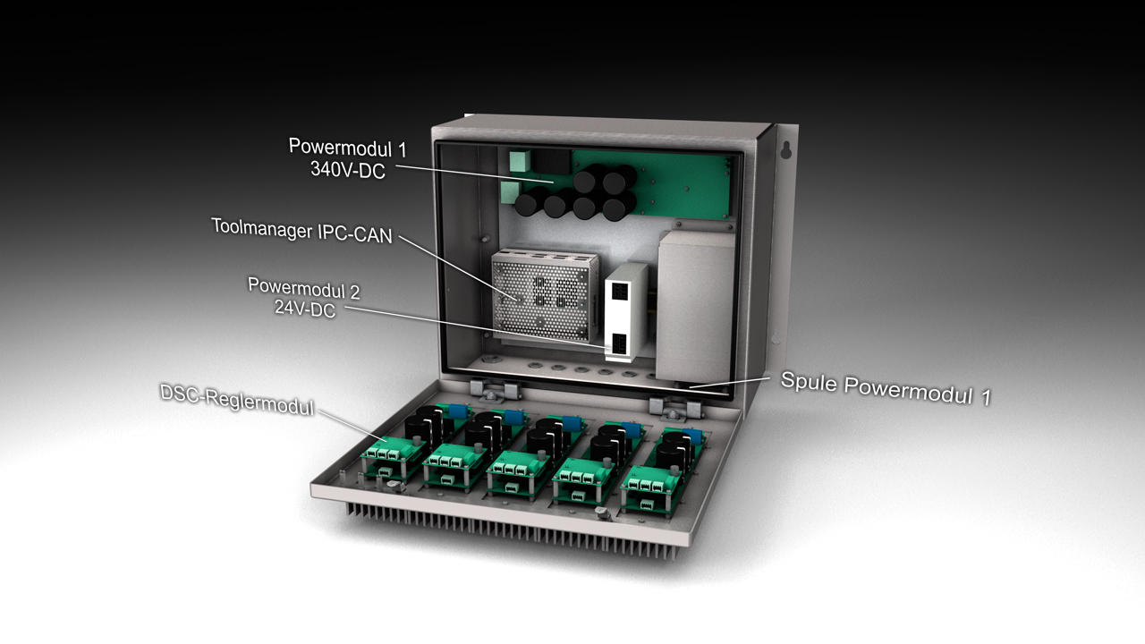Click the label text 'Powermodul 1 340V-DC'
coord(348,158)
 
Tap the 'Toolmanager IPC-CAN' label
coord(302,232)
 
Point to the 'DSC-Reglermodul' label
coord(237,400)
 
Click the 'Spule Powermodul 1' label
coord(886,388)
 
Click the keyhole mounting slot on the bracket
coord(786,148)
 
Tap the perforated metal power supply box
coord(545,295)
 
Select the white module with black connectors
coord(625,313)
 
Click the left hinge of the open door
coord(495,391)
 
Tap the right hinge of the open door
coord(674,407)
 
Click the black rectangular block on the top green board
coord(552,162)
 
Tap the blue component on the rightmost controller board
coord(692,436)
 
